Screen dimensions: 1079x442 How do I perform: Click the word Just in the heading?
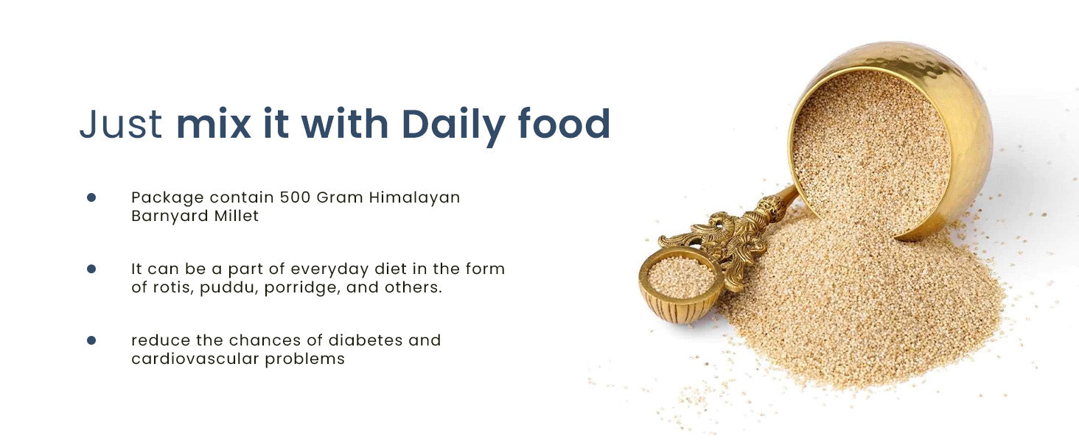121,124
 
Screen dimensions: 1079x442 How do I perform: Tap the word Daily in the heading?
453,126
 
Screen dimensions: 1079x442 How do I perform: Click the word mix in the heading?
214,124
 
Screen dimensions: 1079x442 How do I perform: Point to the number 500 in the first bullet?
295,197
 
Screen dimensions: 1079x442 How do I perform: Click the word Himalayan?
414,198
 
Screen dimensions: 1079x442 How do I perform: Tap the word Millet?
237,216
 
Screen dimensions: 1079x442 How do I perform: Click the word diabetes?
365,340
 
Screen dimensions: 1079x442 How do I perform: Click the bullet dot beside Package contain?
91,197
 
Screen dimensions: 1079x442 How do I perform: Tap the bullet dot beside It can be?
91,269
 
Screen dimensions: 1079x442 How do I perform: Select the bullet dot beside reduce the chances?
91,340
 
